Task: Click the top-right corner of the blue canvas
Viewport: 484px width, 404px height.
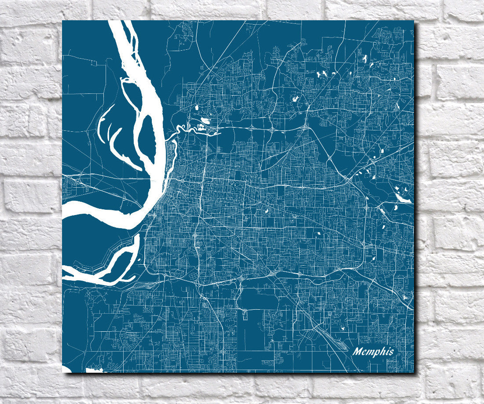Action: pos(414,21)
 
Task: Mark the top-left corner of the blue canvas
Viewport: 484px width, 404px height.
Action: pos(62,21)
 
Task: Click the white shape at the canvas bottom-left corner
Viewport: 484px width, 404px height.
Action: pos(66,369)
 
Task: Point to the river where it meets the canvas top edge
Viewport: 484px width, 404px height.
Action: pos(117,22)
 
